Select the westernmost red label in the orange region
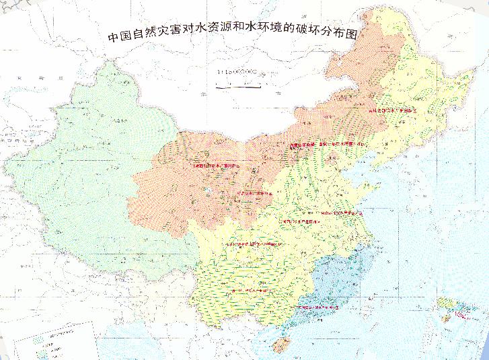pos(214,165)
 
